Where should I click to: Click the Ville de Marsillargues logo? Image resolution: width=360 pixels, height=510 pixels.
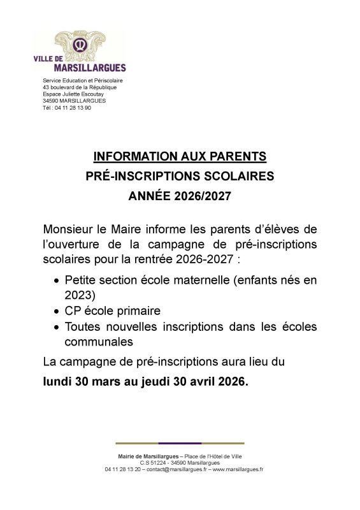80,51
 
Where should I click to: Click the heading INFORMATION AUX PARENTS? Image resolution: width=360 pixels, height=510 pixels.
179,156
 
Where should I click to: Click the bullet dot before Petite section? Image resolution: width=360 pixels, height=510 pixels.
58,280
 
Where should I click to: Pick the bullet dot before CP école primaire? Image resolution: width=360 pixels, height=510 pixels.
58,312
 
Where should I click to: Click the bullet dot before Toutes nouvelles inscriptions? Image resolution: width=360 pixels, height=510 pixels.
58,328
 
